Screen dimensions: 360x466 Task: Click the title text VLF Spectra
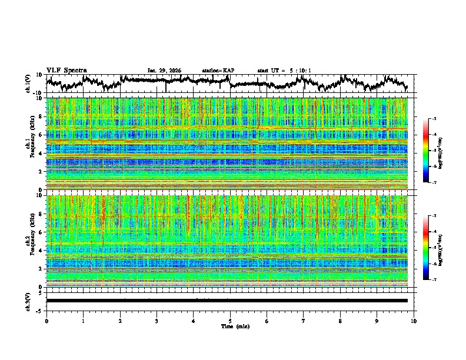pos(66,71)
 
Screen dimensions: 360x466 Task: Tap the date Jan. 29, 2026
pos(164,71)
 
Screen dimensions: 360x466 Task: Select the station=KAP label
pos(218,71)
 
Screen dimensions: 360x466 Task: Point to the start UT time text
pos(284,71)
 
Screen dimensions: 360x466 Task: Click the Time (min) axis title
pos(230,326)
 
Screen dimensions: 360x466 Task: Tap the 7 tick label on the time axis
pos(303,321)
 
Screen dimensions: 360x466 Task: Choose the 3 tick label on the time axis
pos(157,321)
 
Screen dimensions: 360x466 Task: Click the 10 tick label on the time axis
pos(414,321)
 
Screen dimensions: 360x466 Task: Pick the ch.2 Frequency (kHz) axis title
pos(29,241)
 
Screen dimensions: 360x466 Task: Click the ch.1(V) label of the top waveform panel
pos(29,84)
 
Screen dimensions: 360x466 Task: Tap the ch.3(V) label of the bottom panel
pos(29,301)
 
